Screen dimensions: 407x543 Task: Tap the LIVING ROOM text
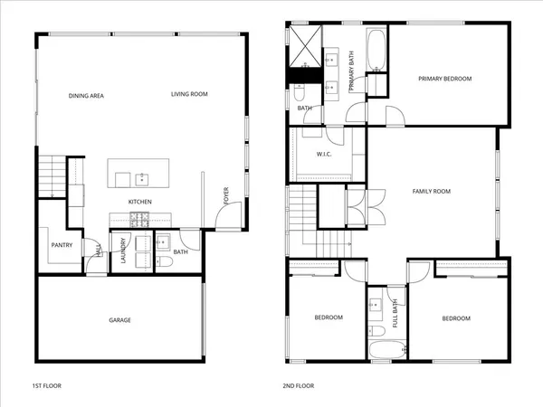point(190,94)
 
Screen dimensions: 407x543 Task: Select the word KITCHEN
point(139,201)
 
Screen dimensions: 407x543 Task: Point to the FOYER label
point(225,195)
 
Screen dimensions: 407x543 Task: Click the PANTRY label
point(62,244)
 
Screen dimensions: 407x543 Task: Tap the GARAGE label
point(120,320)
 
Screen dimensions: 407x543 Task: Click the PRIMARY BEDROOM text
point(445,79)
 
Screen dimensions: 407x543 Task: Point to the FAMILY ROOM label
point(432,192)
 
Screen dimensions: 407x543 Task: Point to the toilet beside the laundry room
point(165,262)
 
